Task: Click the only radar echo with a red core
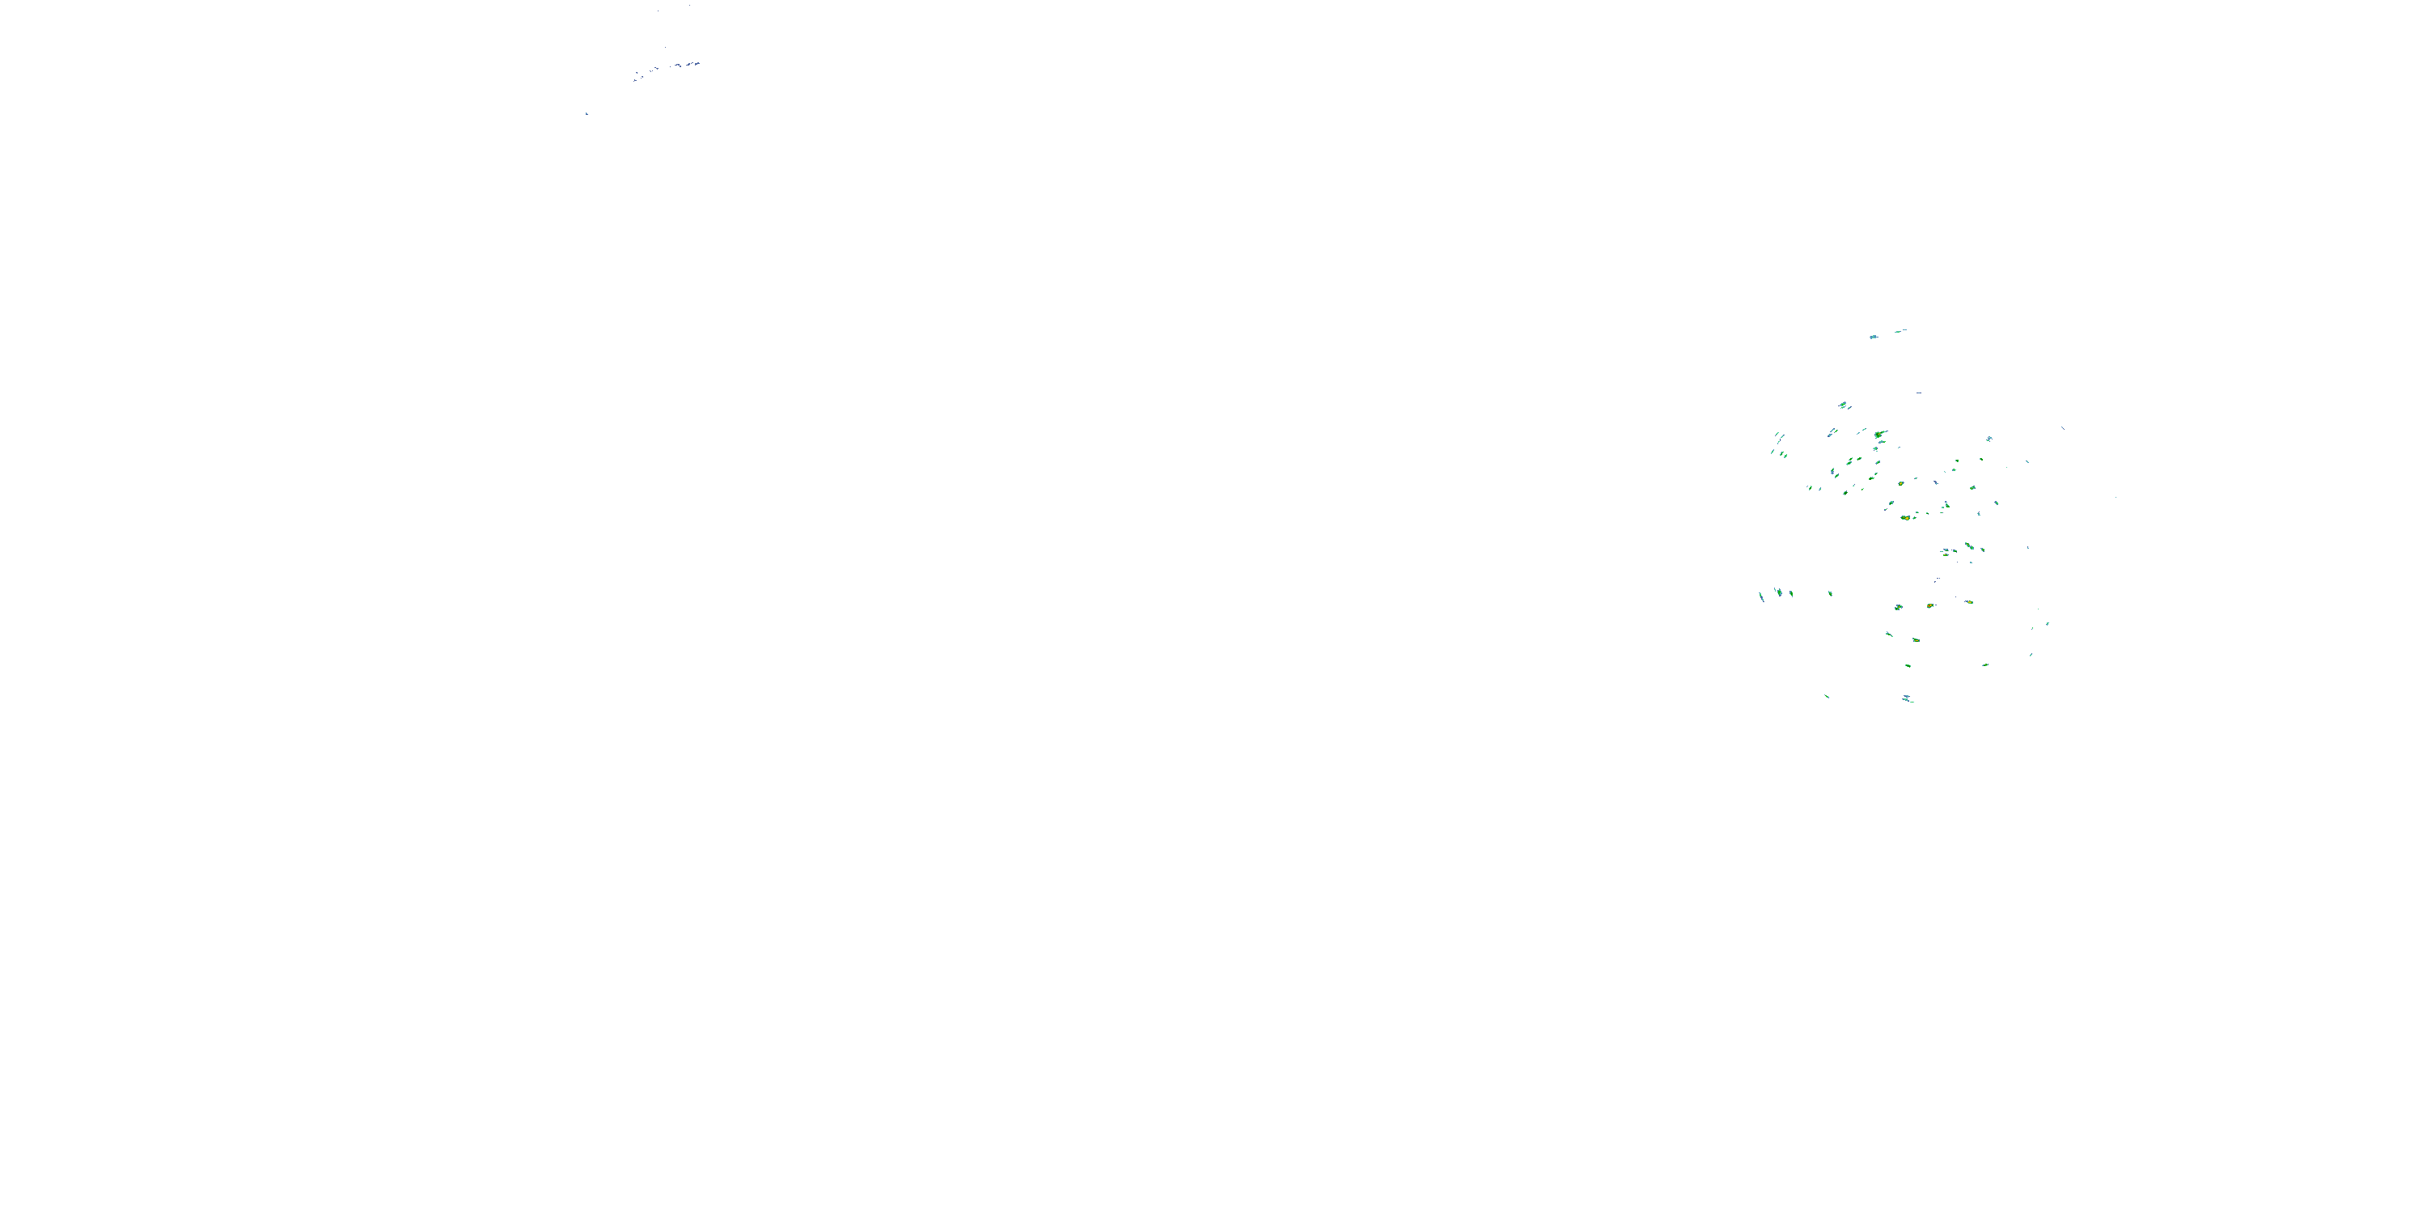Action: (1929, 605)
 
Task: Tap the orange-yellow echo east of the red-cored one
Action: (1969, 601)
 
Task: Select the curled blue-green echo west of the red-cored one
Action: (1899, 607)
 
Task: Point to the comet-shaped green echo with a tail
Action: (1881, 435)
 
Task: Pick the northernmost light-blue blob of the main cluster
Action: (1873, 337)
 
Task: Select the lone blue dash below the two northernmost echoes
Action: (1918, 393)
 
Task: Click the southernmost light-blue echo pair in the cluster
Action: (1908, 699)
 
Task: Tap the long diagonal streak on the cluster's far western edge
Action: (1761, 596)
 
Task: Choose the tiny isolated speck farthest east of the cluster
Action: (2116, 497)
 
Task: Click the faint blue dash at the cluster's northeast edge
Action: (2062, 428)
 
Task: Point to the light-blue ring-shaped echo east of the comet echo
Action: (1989, 439)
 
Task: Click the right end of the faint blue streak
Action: (697, 63)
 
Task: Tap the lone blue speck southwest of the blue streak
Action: (586, 114)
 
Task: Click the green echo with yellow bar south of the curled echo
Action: (1916, 640)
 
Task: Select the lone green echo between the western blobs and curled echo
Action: (1830, 594)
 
